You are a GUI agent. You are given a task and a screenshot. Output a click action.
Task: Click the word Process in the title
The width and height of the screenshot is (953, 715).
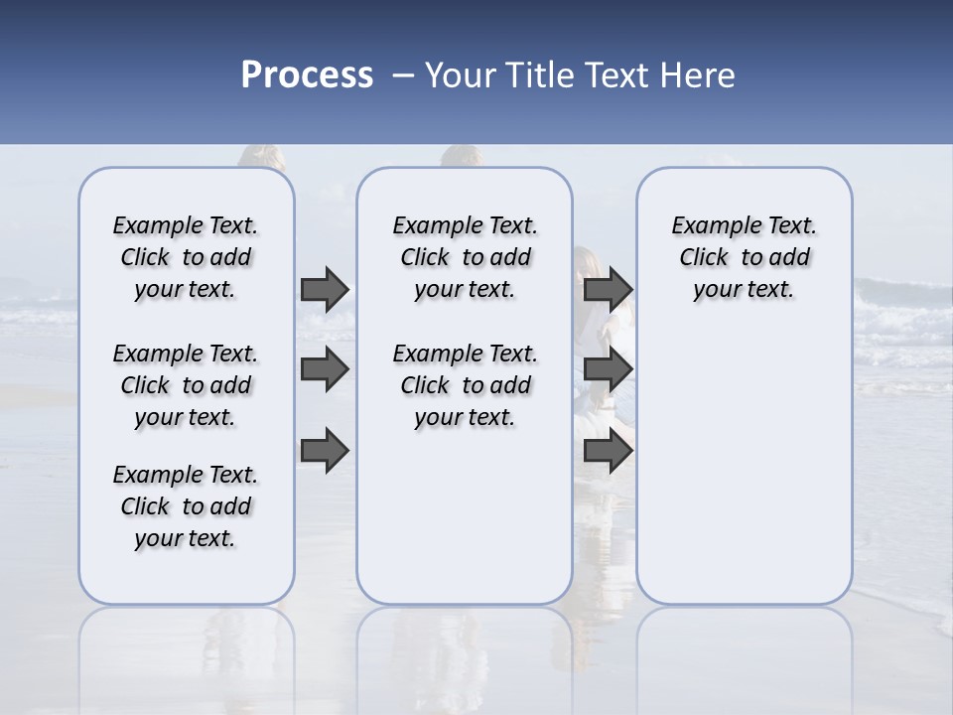[x=307, y=75]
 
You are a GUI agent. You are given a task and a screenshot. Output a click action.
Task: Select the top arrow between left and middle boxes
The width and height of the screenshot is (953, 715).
[x=325, y=289]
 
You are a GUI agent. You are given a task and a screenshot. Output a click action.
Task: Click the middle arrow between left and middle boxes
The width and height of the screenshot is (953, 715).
[x=325, y=369]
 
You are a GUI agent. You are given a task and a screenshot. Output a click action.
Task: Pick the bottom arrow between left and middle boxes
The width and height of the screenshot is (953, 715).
[x=325, y=451]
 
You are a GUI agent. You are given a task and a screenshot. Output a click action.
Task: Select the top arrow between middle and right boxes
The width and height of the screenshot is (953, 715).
[x=608, y=289]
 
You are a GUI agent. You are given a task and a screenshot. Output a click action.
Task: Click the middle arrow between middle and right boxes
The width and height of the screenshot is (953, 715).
[x=608, y=369]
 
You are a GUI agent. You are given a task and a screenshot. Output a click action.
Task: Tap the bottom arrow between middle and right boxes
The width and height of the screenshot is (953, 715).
[x=608, y=451]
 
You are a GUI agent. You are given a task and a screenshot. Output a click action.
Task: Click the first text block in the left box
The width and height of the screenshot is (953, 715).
[x=186, y=257]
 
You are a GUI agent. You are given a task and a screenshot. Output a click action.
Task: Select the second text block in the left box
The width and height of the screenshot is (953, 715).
[x=186, y=385]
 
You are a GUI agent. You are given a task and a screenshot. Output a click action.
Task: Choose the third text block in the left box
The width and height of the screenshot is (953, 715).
[x=186, y=506]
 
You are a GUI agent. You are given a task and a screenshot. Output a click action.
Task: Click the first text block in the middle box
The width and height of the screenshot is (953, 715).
[x=465, y=257]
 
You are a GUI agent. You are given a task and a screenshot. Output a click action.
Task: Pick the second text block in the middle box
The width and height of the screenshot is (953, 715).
[x=465, y=385]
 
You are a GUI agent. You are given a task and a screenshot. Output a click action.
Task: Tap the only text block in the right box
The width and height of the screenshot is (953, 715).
[x=744, y=257]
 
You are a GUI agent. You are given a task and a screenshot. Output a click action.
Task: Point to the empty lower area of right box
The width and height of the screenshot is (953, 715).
[x=744, y=457]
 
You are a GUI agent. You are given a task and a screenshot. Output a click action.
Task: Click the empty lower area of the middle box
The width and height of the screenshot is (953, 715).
[x=465, y=516]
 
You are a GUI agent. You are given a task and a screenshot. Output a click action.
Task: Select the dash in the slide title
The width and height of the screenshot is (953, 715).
[x=402, y=75]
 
